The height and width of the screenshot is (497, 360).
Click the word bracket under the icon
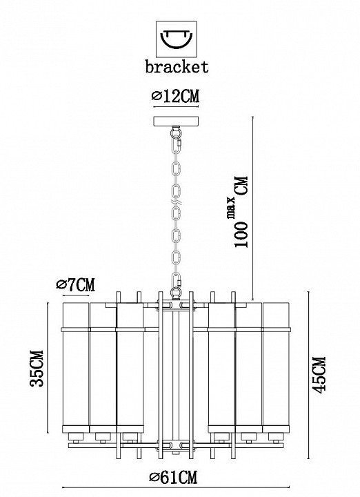pos(177,66)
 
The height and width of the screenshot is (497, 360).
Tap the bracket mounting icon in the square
pos(177,39)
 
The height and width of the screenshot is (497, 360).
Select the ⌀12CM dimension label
pos(176,97)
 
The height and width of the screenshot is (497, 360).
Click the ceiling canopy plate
pos(177,121)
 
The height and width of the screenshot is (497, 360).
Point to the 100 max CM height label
pos(241,212)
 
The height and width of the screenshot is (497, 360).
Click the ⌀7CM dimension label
pos(76,284)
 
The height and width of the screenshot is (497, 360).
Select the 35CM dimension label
pos(36,369)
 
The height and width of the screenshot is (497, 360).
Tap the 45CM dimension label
pos(319,375)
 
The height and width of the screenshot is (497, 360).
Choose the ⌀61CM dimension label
pos(174,478)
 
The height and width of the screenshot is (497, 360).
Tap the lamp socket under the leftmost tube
pos(75,438)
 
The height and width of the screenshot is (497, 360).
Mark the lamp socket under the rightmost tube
pos(275,438)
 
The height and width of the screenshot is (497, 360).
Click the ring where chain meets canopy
pos(176,130)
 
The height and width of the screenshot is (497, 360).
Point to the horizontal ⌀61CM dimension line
pos(176,487)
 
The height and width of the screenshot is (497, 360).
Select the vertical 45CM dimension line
pos(308,375)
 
